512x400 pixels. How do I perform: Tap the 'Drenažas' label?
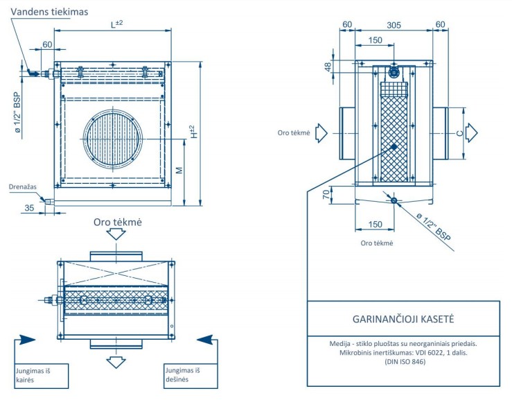[x=22, y=186]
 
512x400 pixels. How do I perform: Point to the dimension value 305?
[x=394, y=24]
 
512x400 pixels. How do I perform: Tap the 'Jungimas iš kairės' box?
[x=42, y=375]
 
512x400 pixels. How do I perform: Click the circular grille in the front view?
[x=113, y=139]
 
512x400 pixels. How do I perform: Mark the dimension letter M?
[x=179, y=171]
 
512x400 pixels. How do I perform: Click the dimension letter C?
[x=459, y=131]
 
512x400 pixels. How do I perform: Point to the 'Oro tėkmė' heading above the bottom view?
[x=117, y=221]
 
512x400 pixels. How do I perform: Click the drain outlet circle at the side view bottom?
[x=394, y=200]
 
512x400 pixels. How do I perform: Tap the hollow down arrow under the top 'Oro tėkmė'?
[x=116, y=234]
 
